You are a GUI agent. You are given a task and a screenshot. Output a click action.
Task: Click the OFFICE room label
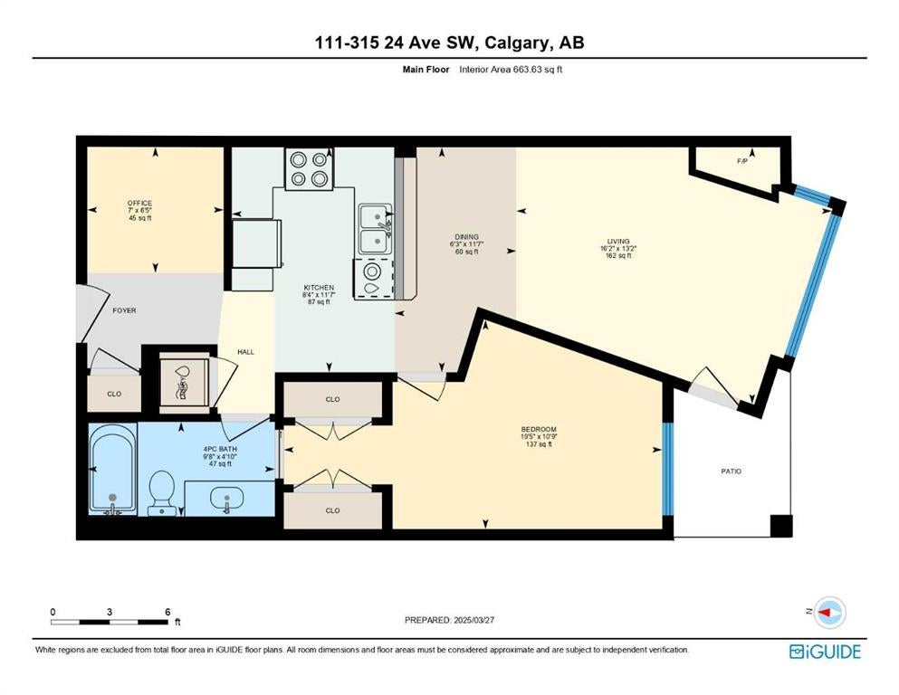tap(140, 203)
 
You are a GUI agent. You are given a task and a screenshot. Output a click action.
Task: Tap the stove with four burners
tap(309, 168)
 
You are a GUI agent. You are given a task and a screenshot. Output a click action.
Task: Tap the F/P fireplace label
tap(741, 161)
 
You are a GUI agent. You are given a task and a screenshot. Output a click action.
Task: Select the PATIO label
tap(731, 471)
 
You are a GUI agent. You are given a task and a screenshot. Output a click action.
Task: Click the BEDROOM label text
tap(539, 429)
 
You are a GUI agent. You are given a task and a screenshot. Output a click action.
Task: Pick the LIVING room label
tap(618, 242)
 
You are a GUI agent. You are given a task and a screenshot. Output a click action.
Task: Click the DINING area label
tap(466, 236)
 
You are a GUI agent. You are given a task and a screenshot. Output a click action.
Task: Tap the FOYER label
tap(124, 310)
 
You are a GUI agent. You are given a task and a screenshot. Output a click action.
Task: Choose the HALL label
tap(245, 352)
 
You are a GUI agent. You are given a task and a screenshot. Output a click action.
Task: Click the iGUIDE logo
tap(825, 652)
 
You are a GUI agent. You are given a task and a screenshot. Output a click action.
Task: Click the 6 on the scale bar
tap(167, 612)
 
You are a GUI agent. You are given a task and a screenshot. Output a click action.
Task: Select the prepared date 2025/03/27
tap(473, 620)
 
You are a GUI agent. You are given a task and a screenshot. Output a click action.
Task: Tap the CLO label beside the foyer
tap(114, 394)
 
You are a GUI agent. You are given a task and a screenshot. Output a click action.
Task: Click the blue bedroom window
tap(667, 469)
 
